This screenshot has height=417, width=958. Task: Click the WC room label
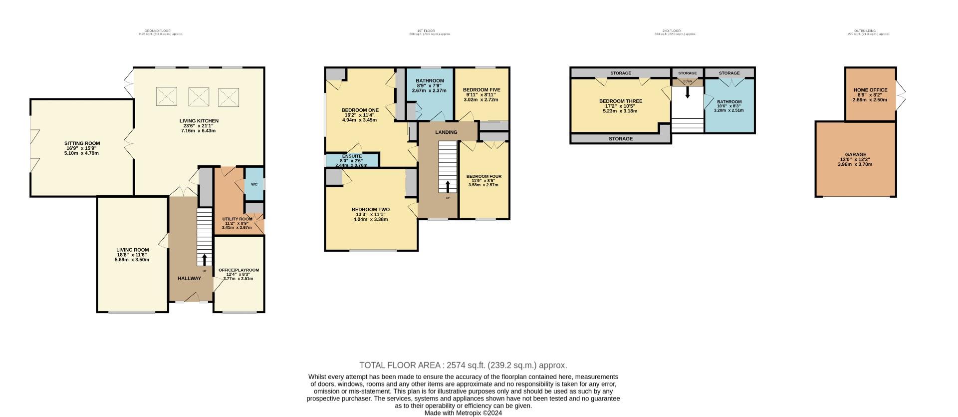point(254,184)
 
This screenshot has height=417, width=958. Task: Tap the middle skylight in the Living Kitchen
point(198,96)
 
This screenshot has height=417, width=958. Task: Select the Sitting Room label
point(82,143)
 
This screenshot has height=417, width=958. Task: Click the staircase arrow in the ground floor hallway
point(204,260)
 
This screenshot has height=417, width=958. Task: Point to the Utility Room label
point(237,219)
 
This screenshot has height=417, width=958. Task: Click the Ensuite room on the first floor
point(352,160)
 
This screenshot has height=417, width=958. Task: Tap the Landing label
point(446,132)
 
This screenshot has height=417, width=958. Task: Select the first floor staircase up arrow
point(448,187)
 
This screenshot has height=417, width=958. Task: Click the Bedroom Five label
point(481,90)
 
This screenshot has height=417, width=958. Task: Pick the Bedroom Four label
point(483,176)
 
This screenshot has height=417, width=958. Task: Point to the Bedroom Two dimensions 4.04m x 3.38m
point(370,219)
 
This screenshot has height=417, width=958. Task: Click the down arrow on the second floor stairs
point(688,92)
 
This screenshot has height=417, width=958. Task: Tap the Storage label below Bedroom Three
point(621,139)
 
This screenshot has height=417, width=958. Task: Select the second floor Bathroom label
point(729,102)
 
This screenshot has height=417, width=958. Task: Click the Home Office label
point(870,90)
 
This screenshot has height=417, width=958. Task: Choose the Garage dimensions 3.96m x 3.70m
point(855,164)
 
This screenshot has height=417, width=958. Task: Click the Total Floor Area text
point(463,365)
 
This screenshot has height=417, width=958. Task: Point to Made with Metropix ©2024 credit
point(463,413)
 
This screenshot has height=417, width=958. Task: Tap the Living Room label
point(132,250)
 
